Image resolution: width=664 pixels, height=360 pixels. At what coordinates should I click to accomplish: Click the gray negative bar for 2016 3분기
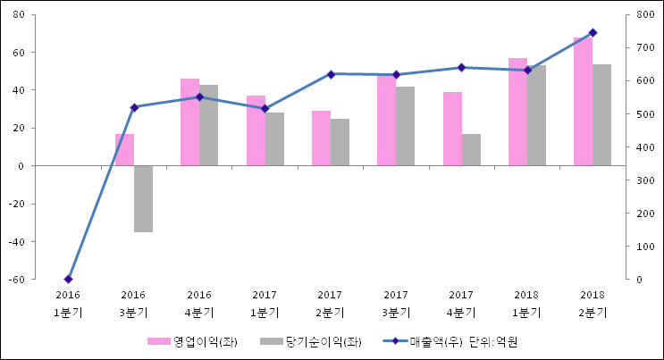143,198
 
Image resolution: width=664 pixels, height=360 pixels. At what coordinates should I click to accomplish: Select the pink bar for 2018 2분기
583,102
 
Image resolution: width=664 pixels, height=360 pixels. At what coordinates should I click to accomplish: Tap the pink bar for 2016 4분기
189,122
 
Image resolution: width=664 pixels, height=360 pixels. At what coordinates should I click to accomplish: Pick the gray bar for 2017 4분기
471,150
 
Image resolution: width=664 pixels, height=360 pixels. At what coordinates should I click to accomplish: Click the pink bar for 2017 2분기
321,138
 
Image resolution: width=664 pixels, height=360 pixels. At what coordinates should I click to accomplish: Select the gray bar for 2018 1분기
536,115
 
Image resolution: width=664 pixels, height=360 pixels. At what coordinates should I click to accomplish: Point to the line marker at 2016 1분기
68,280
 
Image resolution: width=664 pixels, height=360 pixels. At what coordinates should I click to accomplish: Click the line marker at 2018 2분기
593,33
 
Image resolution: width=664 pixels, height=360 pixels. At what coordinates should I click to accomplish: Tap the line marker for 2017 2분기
331,74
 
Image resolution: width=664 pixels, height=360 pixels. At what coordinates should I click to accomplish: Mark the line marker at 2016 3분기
134,107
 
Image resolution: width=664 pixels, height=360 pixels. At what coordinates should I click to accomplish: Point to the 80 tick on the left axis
20,14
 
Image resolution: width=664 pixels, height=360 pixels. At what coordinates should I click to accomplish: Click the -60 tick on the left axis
18,280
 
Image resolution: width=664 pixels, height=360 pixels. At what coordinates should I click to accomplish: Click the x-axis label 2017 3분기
396,304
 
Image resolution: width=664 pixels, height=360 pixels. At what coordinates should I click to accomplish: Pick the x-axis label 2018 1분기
527,304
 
